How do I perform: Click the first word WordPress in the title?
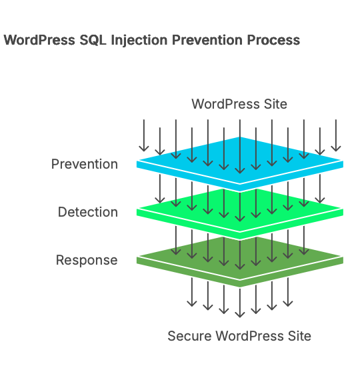click(37, 41)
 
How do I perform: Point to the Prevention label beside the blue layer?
click(84, 164)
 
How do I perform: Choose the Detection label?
click(87, 212)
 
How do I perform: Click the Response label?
click(87, 260)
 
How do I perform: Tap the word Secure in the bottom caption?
click(189, 335)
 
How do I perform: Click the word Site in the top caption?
click(275, 104)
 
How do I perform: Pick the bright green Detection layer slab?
click(240, 211)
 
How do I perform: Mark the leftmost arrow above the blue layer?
click(143, 135)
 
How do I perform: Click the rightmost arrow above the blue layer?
click(336, 135)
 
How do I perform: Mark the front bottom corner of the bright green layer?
click(240, 237)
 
